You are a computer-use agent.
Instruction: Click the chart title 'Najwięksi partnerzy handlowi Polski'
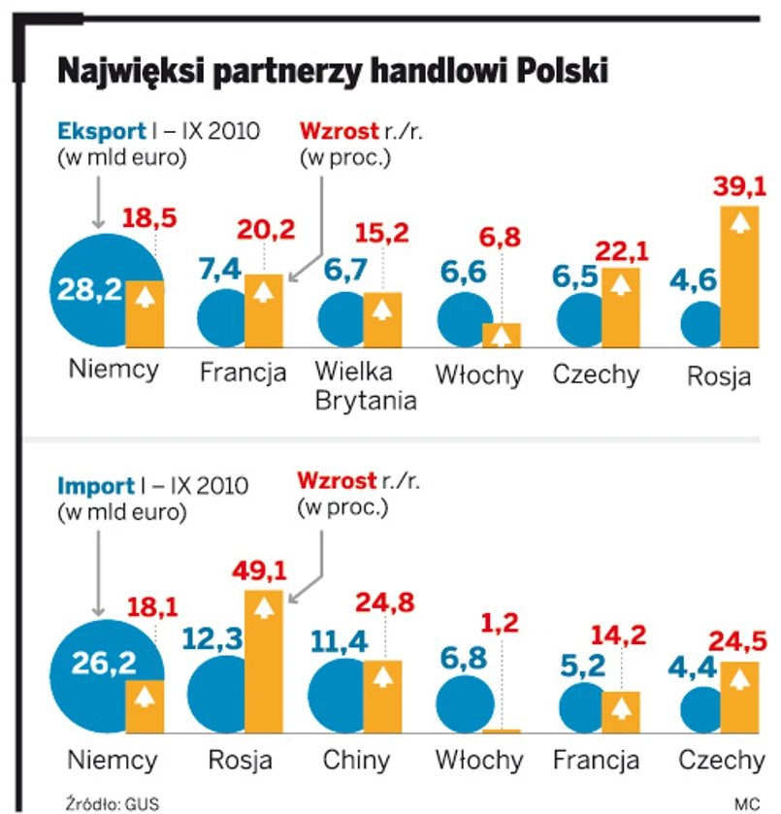(333, 72)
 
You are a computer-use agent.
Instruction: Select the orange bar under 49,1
(263, 661)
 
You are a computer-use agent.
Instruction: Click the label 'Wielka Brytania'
(366, 386)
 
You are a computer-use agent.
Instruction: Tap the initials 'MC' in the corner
(745, 803)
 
